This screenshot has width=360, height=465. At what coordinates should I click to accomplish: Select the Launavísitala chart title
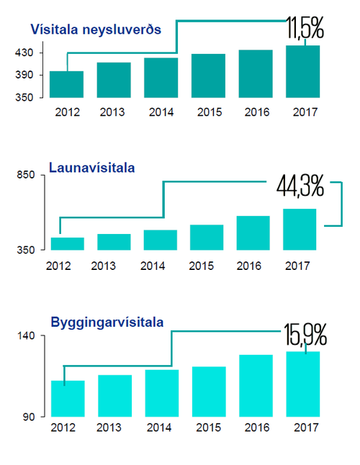coord(92,168)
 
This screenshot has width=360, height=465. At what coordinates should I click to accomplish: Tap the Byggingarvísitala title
coord(107,322)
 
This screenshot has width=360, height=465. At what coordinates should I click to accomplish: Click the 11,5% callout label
coord(305,29)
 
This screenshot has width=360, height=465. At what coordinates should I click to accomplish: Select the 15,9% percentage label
coord(305,334)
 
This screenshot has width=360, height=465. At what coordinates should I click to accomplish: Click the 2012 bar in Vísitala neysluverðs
coord(67,84)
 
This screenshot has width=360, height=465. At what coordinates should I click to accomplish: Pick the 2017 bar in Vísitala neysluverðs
coord(302,71)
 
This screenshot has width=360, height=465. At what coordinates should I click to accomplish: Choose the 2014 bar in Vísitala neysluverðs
coord(161,78)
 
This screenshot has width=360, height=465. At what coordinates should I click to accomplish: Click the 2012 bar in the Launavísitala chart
coord(67,244)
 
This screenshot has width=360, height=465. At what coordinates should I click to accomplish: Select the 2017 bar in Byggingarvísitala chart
coord(302,384)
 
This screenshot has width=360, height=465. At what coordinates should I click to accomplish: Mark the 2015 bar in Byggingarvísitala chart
coord(209,392)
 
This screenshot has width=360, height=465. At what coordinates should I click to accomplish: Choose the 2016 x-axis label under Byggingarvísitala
coord(256,427)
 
